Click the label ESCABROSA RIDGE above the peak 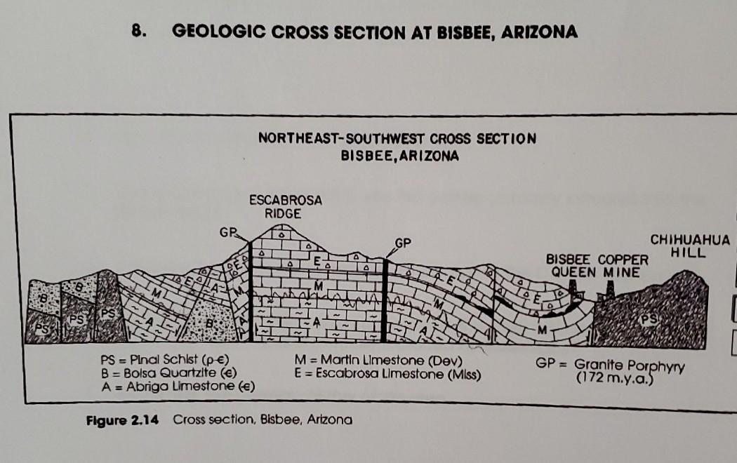click(286, 207)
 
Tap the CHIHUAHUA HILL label click(691, 246)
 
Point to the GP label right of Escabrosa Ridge click(402, 243)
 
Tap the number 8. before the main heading click(138, 32)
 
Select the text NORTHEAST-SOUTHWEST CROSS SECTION click(397, 138)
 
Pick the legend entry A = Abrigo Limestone click(178, 386)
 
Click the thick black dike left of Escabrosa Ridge click(250, 295)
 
